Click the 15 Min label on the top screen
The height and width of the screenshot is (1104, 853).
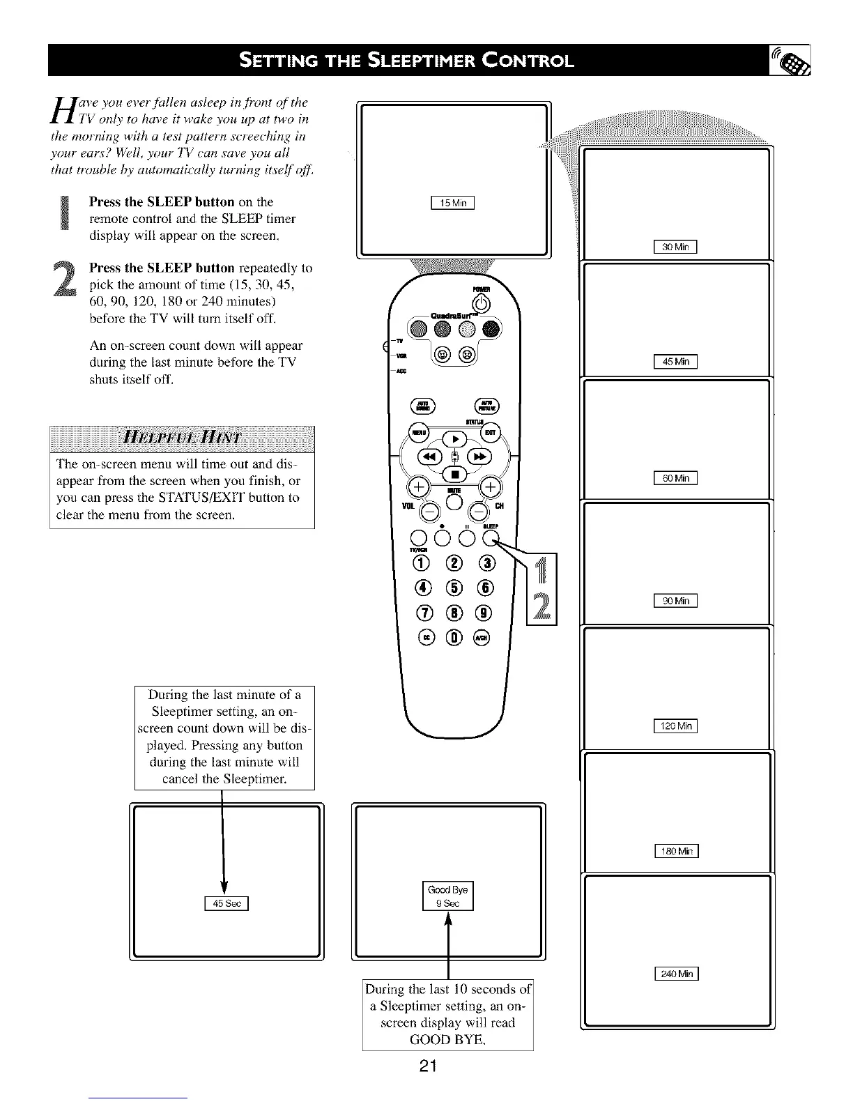point(453,204)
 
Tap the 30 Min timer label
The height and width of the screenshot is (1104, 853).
point(675,246)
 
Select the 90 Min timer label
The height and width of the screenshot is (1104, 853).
point(675,601)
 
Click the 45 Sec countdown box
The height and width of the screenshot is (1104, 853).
point(226,903)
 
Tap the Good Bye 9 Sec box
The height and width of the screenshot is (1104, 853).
point(448,896)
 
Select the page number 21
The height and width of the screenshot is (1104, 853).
point(428,1066)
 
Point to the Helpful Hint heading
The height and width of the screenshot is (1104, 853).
point(181,438)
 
